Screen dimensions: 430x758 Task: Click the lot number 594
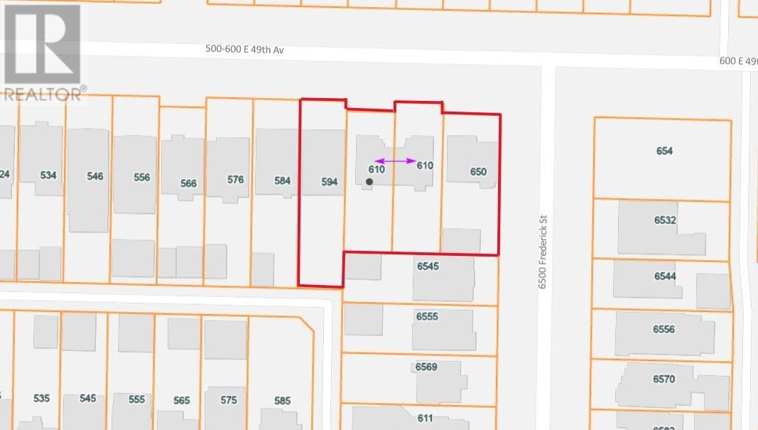pos(329,182)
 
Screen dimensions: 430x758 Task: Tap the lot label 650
pos(478,172)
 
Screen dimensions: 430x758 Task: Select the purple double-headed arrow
pos(396,161)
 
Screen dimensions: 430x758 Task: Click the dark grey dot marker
pos(369,183)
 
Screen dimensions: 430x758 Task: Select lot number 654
pos(664,151)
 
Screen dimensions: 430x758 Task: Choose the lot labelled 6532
pos(665,220)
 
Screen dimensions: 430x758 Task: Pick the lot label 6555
pos(427,317)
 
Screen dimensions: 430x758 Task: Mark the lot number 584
pos(283,181)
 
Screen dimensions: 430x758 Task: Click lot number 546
pos(94,176)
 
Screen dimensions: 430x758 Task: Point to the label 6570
pos(664,380)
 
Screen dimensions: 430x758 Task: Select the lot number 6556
pos(664,330)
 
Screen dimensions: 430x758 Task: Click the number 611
pos(425,418)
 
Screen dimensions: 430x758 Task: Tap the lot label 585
pos(282,401)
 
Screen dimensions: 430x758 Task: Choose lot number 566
pos(188,183)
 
